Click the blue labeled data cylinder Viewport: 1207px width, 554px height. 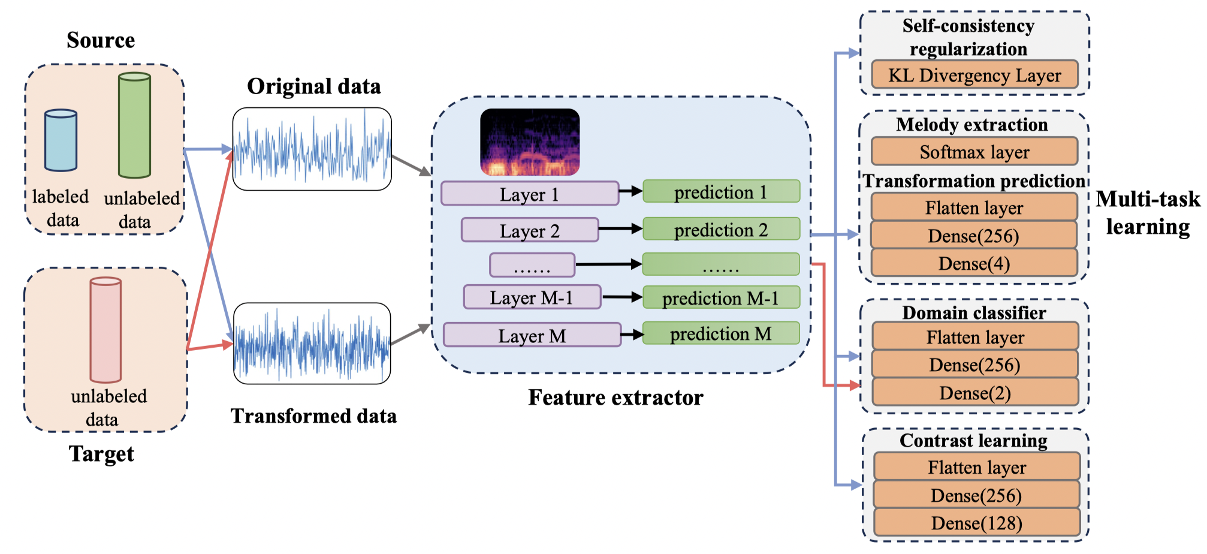[x=61, y=140]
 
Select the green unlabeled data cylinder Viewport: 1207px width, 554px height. [x=134, y=126]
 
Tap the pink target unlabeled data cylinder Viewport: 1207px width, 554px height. [x=105, y=330]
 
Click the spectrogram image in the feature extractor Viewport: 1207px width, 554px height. [x=530, y=142]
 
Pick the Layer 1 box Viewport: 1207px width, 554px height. [x=529, y=194]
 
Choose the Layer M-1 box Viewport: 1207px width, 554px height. [x=532, y=297]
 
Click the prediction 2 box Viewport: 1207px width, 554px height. [x=721, y=229]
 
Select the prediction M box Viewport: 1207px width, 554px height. [x=721, y=333]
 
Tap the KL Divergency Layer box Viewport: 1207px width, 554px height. [x=974, y=75]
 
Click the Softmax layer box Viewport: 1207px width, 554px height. [x=974, y=152]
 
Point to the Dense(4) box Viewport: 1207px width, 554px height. [x=974, y=263]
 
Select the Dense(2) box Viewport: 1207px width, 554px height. [x=975, y=393]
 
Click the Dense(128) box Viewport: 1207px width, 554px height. [x=977, y=523]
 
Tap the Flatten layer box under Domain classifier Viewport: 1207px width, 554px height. [x=975, y=337]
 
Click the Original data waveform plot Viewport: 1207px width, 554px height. [x=312, y=149]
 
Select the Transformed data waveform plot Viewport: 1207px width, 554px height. [x=312, y=344]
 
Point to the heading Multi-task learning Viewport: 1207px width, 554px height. [x=1148, y=213]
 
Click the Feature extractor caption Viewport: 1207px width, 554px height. [x=615, y=398]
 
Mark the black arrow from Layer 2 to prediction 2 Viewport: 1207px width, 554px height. [x=620, y=228]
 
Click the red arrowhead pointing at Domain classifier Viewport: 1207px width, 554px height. [x=855, y=386]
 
